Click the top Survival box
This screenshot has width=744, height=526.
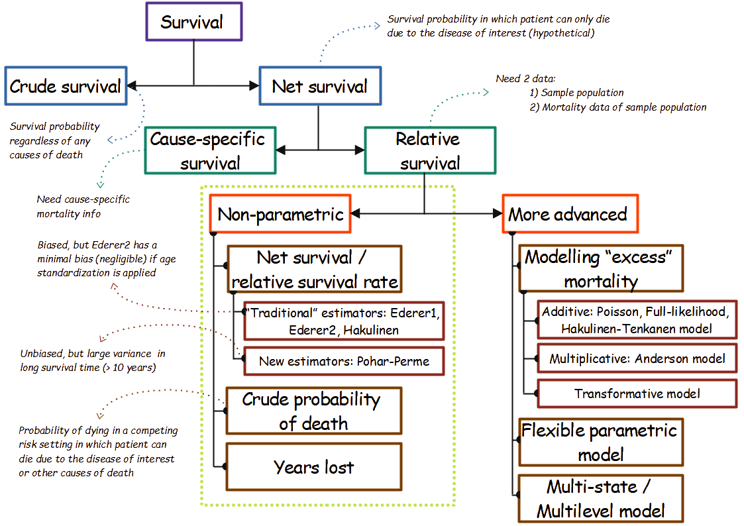pos(193,22)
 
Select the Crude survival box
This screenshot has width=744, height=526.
pos(66,86)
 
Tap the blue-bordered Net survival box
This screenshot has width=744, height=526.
pos(319,86)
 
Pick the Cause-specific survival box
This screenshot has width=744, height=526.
pos(209,151)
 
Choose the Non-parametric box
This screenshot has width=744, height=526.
pos(280,215)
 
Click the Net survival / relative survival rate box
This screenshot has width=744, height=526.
pos(315,270)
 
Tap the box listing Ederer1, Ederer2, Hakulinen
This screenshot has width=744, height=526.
pos(343,321)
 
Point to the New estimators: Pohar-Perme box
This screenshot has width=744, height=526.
pos(343,362)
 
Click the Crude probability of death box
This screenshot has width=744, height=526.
pos(313,411)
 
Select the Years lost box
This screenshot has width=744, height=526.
pos(313,467)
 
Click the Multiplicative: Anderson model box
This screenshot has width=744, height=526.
pos(637,359)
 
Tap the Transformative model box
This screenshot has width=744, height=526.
pos(637,394)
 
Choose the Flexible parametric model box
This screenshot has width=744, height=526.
pos(600,443)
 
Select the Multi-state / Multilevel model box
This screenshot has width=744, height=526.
pos(600,499)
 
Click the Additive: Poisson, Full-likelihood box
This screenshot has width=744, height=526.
pos(637,321)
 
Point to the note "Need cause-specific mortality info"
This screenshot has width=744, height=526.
pos(83,206)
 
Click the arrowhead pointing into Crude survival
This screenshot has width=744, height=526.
pos(132,86)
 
